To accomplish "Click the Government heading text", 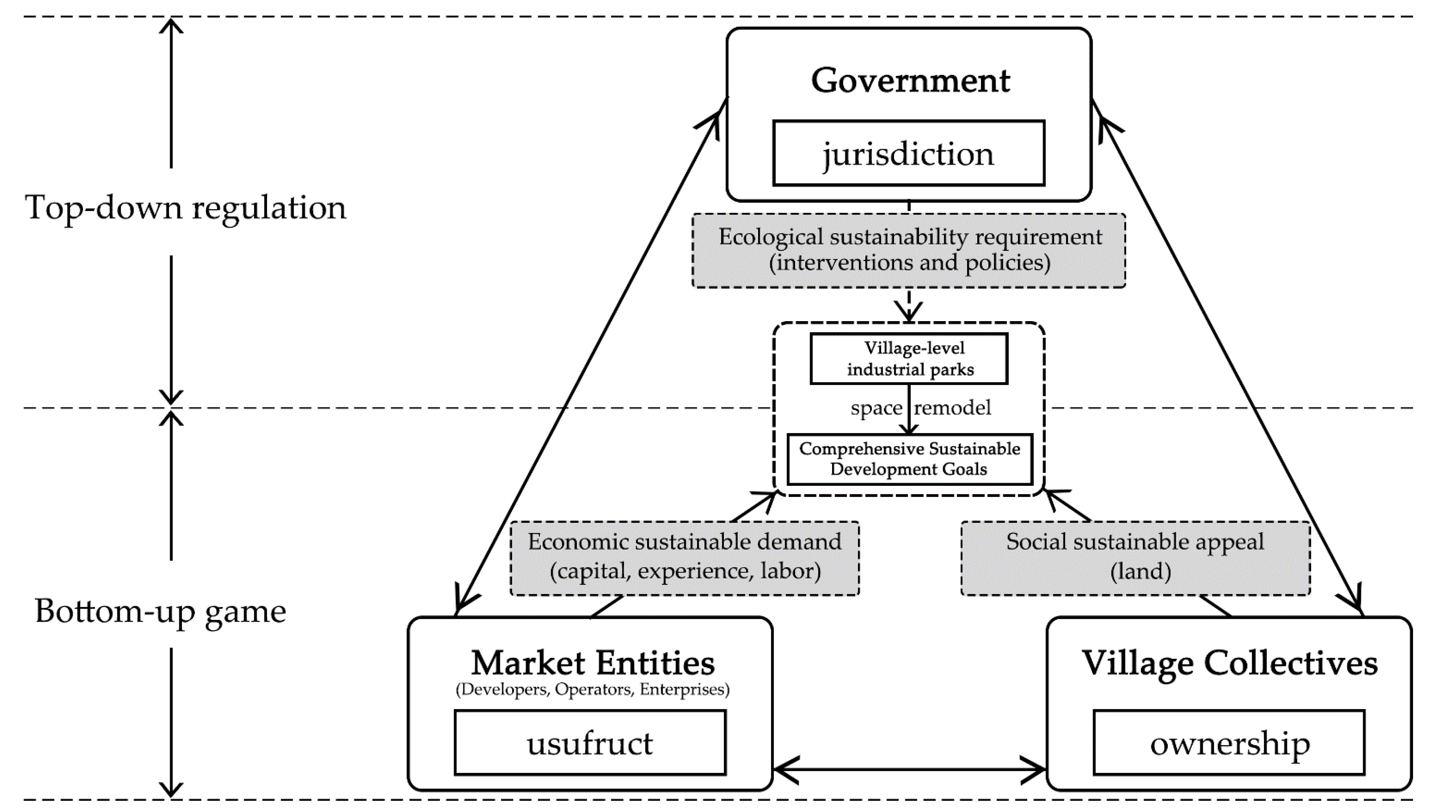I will [910, 81].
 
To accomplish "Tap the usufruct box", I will [590, 742].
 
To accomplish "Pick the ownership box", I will [1229, 742].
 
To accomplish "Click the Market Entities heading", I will [592, 663].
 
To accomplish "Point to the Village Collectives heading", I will [1229, 663].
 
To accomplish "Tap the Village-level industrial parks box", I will [909, 358].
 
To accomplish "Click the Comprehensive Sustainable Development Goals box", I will [909, 459].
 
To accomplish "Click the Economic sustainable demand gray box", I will [684, 558].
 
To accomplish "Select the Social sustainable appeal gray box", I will [1135, 558].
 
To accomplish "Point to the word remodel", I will [952, 408].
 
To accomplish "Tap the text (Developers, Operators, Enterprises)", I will [592, 690].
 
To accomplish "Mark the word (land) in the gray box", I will [1140, 571].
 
